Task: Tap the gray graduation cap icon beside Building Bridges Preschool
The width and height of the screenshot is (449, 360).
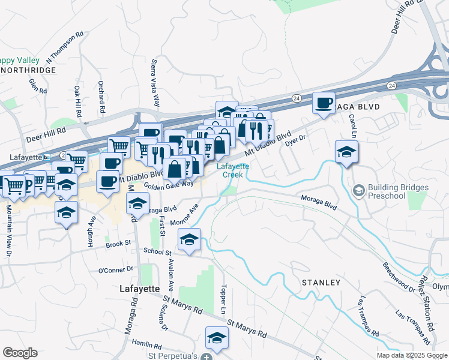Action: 359,191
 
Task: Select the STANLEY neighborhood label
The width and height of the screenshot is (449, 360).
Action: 321,282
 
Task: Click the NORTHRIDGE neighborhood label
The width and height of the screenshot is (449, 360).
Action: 28,70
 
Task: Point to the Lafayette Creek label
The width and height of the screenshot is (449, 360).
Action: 232,170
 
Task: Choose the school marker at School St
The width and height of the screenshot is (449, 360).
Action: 189,241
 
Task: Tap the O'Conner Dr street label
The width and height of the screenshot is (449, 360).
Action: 115,270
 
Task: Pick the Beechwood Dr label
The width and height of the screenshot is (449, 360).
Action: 399,277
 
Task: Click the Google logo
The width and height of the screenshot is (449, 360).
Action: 20,353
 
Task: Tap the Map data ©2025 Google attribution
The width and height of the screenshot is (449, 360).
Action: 411,355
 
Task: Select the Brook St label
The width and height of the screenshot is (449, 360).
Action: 118,244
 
